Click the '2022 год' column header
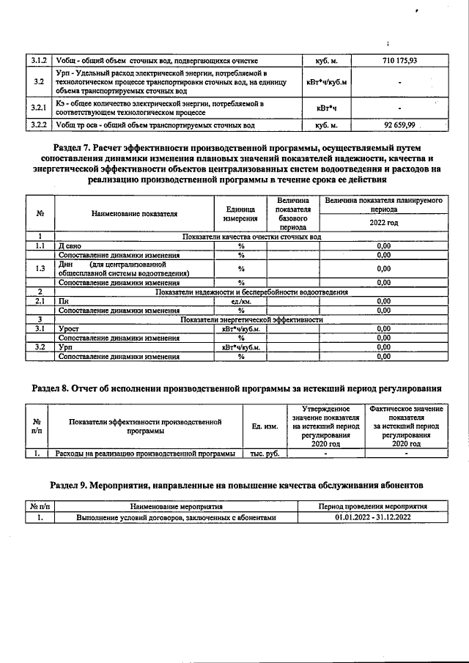pos(383,223)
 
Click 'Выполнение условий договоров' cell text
pos(176,518)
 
